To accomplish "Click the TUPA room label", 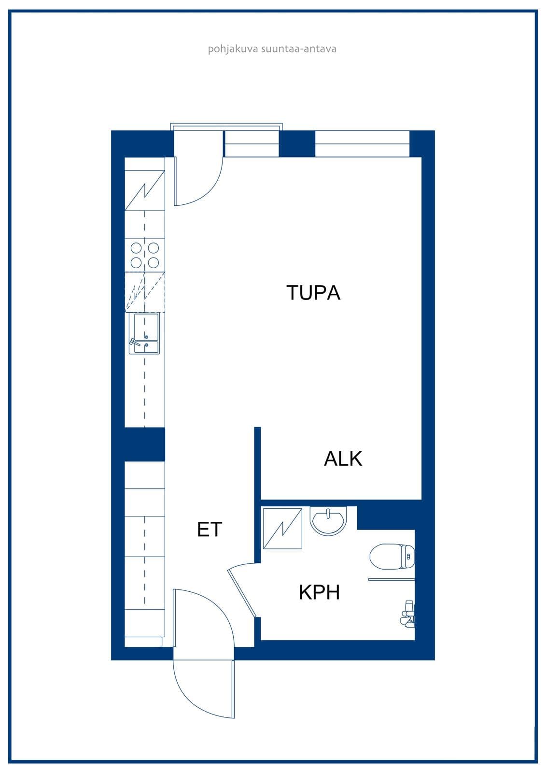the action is click(x=313, y=293).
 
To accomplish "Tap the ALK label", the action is click(x=343, y=458).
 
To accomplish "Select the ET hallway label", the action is click(x=210, y=529).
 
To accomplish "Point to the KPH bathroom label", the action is click(x=320, y=592).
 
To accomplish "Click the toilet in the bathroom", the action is click(x=392, y=557).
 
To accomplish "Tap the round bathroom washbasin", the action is click(x=328, y=520).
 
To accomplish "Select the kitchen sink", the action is click(x=144, y=333).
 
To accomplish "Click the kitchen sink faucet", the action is click(x=134, y=343).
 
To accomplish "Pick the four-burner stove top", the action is click(x=144, y=256).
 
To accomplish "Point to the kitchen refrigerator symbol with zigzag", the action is click(x=144, y=190).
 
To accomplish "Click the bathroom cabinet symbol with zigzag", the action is click(x=282, y=528).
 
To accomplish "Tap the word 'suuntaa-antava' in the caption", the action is click(x=299, y=49).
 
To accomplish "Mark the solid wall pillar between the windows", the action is click(x=296, y=144).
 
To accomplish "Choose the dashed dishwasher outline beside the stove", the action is click(x=144, y=292).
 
